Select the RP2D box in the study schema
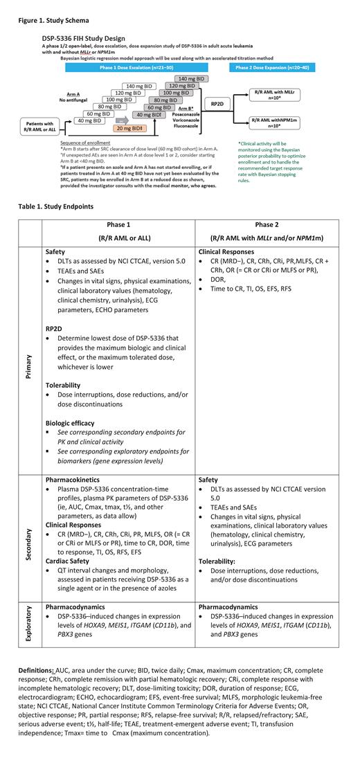click(x=217, y=103)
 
